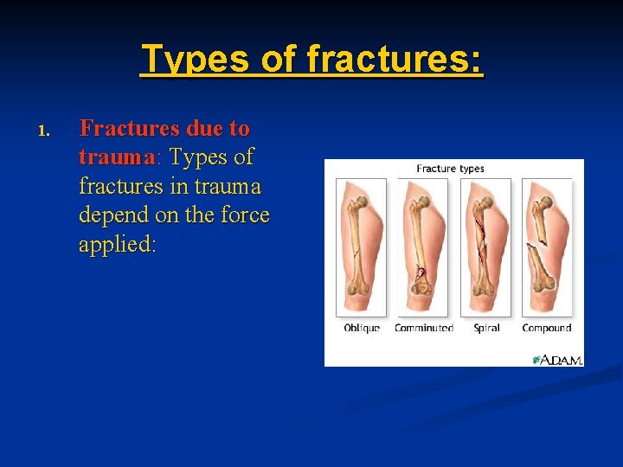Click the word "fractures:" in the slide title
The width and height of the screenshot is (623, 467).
click(x=395, y=60)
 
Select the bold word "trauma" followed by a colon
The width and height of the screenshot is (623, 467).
click(x=116, y=157)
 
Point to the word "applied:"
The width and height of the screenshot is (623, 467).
click(x=117, y=244)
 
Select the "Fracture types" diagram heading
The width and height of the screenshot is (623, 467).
click(x=450, y=169)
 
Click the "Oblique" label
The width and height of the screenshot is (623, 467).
click(x=362, y=329)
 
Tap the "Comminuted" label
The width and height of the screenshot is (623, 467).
click(x=424, y=329)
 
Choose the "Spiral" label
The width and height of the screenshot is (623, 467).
click(x=486, y=329)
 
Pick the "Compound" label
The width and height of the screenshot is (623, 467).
click(x=547, y=329)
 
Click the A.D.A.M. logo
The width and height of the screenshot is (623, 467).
click(x=557, y=359)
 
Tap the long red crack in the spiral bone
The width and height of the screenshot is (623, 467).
click(x=478, y=238)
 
